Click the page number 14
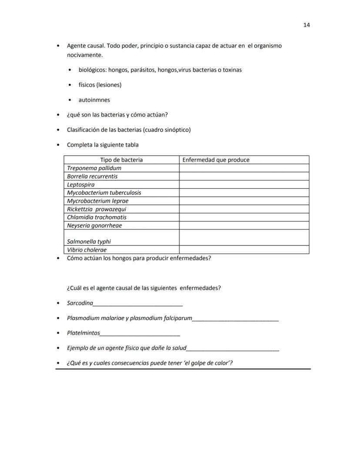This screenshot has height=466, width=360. (307, 25)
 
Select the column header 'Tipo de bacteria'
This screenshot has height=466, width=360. (121, 160)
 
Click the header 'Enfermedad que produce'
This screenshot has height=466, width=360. (216, 160)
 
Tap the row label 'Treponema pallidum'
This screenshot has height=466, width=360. (94, 168)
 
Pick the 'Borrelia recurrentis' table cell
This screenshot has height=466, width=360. (92, 176)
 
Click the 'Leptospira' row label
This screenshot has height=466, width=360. (80, 184)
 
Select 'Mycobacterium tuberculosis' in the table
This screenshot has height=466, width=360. (104, 192)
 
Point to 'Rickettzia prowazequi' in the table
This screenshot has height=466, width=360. (97, 209)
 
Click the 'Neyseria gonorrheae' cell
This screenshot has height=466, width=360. (94, 225)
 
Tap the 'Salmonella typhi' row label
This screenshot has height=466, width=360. (89, 241)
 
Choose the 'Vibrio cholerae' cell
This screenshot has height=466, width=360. (87, 250)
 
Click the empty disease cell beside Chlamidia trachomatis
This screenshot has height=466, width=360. (244, 217)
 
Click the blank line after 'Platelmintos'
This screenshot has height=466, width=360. (140, 334)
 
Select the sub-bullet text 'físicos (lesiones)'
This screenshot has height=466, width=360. (100, 85)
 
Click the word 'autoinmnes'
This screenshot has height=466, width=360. (94, 100)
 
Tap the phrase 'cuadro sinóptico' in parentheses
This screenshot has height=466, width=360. (168, 130)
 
